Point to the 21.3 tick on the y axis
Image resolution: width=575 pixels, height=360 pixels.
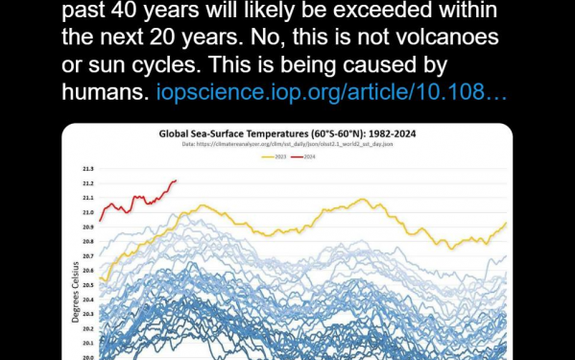pos(87,168)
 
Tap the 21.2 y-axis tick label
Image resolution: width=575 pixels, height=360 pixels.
pos(87,182)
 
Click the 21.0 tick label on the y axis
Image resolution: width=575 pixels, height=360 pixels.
pos(87,212)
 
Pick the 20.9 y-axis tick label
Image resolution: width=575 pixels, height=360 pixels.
pos(87,227)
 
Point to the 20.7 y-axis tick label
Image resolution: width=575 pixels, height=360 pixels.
pos(87,255)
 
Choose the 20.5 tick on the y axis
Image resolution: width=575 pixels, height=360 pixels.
pos(87,285)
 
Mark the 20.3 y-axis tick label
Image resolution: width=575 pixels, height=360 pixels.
pos(87,314)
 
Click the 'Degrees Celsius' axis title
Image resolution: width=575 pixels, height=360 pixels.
pos(75,288)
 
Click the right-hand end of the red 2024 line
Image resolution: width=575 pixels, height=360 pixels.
pos(176,180)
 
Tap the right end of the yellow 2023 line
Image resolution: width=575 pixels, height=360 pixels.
pos(506,223)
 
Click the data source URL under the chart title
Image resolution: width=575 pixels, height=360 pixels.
pos(286,144)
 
